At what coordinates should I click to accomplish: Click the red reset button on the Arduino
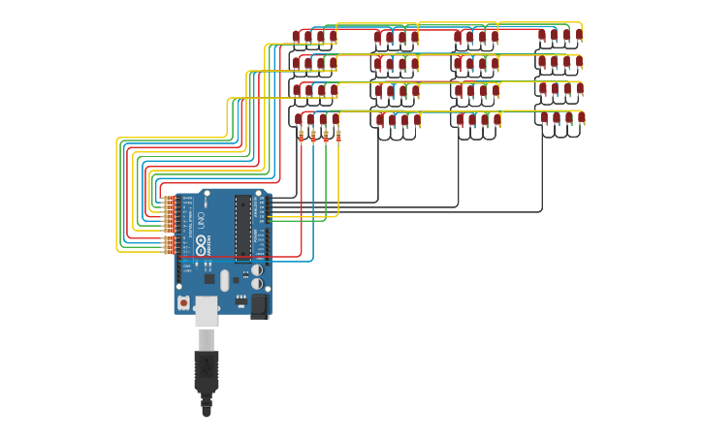coord(183,303)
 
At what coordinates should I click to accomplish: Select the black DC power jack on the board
coord(259,306)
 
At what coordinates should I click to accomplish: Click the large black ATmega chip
coord(243,229)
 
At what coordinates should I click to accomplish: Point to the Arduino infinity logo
coord(201,246)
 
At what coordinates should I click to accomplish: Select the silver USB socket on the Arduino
coord(207,311)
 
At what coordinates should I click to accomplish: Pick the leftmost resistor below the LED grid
coord(301,136)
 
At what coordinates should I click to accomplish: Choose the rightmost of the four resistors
coord(337,136)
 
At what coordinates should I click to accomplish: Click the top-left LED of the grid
coord(297,37)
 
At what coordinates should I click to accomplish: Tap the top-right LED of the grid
coord(579,35)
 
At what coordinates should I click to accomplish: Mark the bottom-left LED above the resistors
coord(299,119)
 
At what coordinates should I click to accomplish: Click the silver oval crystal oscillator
coord(224,280)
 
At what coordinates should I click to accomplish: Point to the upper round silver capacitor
coord(256,270)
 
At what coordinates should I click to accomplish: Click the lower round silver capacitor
coord(257,284)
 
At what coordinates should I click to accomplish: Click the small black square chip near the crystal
coord(208,279)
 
